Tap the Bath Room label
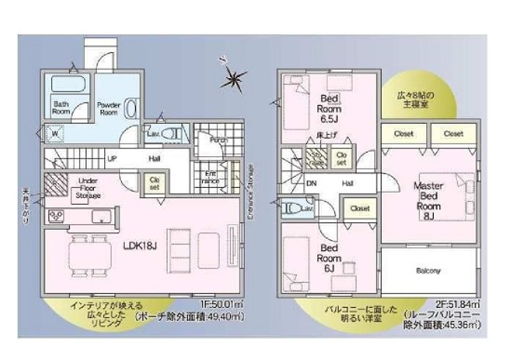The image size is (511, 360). click(61, 108)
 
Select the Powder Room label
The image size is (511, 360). click(108, 108)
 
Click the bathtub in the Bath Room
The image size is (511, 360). click(69, 83)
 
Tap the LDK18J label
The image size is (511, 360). click(140, 246)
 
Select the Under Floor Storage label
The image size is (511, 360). click(88, 188)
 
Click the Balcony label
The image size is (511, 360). click(428, 271)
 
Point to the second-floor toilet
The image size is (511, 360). click(293, 209)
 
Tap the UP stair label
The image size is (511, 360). click(111, 158)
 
